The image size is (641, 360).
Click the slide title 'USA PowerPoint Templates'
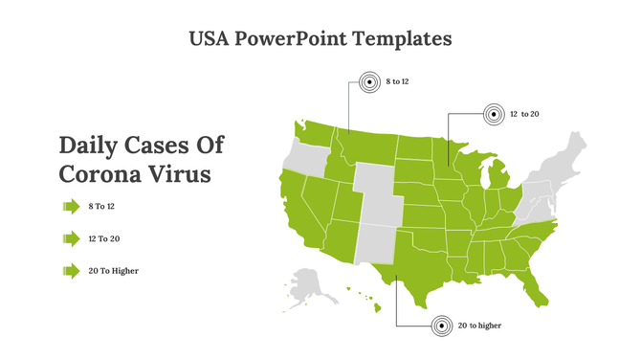320,39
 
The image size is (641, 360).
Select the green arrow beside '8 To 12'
71,206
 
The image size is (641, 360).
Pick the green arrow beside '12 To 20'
71,238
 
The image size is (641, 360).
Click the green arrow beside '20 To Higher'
71,271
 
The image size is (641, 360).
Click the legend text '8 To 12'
101,206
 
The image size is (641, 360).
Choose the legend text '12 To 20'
103,238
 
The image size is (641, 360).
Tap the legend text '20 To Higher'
113,271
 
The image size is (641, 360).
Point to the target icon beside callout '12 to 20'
492,115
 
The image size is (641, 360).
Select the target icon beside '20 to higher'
441,326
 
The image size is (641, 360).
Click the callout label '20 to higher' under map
479,326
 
